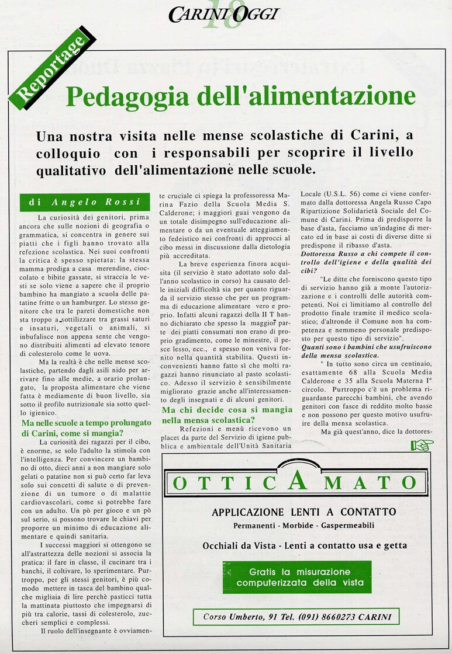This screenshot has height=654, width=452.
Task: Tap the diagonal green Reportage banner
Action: [x=52, y=71]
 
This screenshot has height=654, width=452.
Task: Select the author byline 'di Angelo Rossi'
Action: [x=85, y=202]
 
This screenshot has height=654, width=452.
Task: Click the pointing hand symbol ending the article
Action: [x=422, y=446]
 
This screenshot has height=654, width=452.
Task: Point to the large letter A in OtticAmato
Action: [x=296, y=481]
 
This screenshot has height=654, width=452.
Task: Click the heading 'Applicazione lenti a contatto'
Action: [x=303, y=512]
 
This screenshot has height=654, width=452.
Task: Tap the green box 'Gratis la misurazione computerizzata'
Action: [x=296, y=577]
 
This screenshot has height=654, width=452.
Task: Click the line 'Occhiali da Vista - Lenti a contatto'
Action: [x=305, y=546]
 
